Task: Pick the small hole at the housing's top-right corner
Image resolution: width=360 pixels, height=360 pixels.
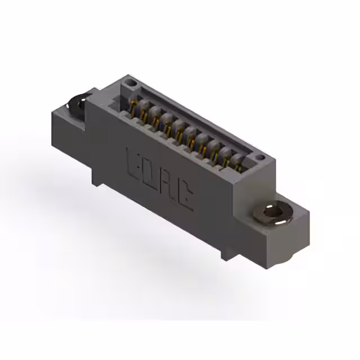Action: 260,159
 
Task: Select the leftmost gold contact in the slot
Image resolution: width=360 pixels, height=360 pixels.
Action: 133,105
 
